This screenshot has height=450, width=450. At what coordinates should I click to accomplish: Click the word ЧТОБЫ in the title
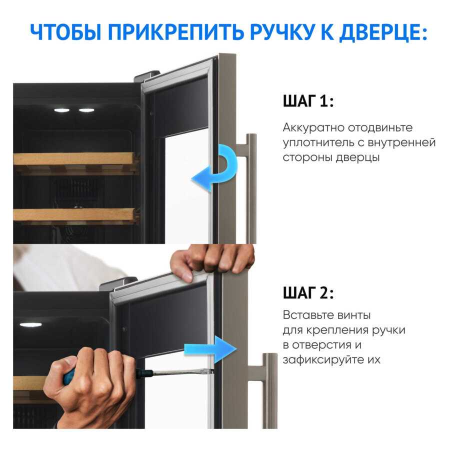(65, 31)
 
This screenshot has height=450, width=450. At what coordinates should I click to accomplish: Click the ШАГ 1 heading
(308, 101)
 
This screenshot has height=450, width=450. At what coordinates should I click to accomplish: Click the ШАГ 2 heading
(308, 293)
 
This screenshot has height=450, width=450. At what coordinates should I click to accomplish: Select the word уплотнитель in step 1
(318, 142)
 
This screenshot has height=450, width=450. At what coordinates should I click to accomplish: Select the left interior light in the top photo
(61, 110)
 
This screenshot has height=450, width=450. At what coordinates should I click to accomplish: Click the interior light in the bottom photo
(30, 324)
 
